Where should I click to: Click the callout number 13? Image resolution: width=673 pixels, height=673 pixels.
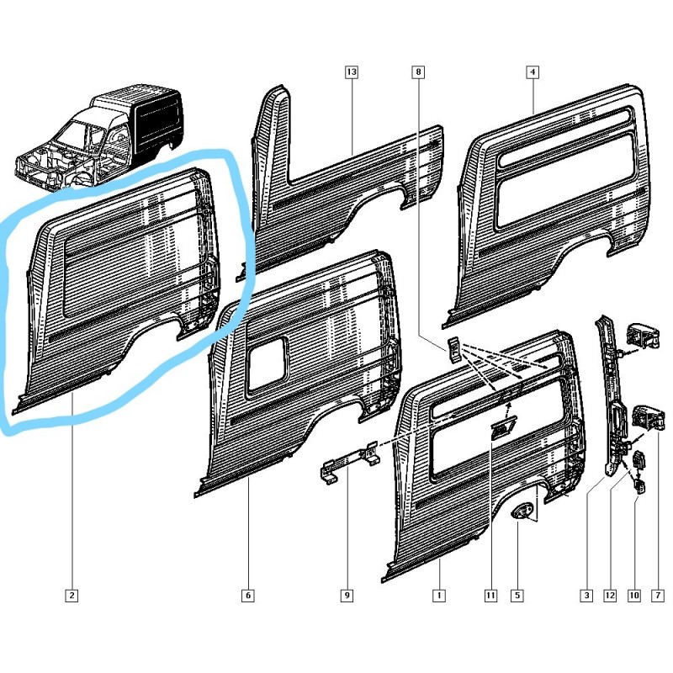click(x=352, y=73)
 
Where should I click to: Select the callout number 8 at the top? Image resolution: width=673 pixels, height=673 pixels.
click(x=419, y=73)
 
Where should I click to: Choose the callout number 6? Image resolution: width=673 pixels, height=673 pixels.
click(x=248, y=596)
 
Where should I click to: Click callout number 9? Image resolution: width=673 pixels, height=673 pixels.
click(x=347, y=596)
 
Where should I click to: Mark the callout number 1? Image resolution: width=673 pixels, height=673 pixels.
click(x=438, y=596)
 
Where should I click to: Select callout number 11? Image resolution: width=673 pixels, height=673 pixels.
click(x=490, y=596)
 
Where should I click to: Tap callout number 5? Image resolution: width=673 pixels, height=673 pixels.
click(x=517, y=596)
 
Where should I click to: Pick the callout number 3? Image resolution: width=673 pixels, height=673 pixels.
click(x=586, y=596)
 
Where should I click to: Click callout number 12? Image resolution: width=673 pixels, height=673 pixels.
click(x=610, y=596)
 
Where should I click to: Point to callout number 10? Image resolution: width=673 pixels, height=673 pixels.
click(x=634, y=596)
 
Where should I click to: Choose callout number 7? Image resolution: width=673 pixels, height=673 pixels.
click(x=658, y=596)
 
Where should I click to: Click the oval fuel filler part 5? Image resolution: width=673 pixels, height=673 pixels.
click(x=523, y=511)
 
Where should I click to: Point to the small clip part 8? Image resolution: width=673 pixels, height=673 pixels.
click(x=453, y=348)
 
